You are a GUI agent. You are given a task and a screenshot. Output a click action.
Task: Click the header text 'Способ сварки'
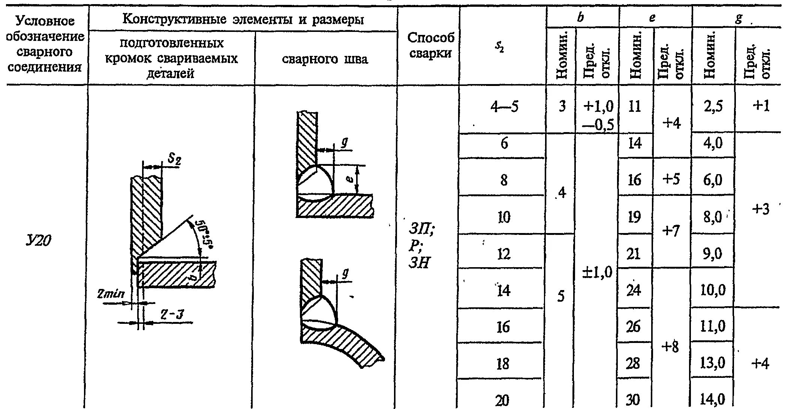coord(430,45)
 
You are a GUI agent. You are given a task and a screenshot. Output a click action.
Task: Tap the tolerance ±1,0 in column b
coord(597,272)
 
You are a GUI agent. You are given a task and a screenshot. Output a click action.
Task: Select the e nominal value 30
coord(633,399)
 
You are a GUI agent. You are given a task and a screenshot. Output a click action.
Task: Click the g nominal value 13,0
coord(713,363)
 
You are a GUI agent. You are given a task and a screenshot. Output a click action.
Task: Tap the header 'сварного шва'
coord(325,59)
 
